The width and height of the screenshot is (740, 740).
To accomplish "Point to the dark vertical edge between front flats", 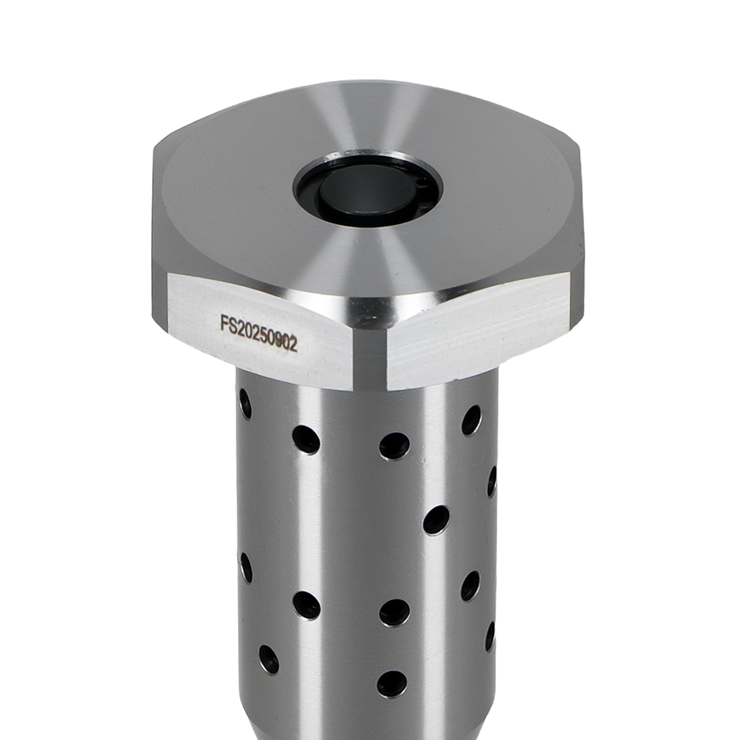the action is [370, 358].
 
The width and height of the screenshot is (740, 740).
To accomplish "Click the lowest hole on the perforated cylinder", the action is [392, 684].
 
